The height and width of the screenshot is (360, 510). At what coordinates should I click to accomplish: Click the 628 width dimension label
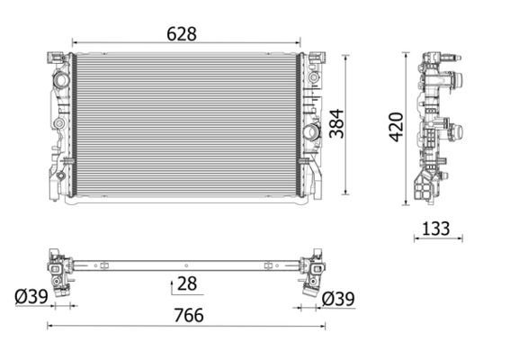(x=181, y=33)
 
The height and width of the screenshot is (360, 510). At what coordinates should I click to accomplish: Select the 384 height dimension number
(x=334, y=127)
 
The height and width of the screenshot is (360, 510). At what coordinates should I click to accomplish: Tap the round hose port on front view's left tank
(x=61, y=82)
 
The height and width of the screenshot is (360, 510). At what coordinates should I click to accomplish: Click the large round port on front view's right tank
(x=311, y=133)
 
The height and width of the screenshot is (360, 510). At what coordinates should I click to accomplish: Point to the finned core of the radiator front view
(x=184, y=126)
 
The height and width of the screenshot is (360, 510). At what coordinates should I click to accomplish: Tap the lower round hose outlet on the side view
(x=456, y=130)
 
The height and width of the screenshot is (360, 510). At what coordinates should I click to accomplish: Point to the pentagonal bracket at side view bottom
(x=422, y=186)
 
